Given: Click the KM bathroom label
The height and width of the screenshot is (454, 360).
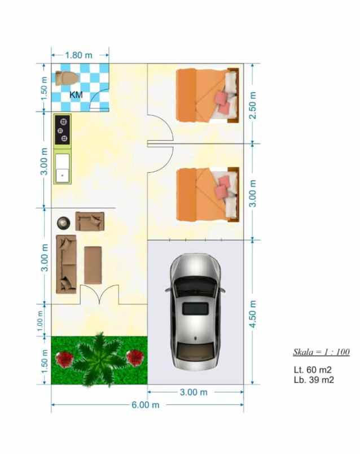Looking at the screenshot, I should tap(76, 95).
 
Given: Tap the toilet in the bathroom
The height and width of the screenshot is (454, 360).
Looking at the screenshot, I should tap(65, 78).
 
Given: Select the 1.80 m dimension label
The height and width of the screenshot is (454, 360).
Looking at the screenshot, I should tap(79, 55).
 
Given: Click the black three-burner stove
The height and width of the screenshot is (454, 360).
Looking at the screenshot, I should tap(63, 129).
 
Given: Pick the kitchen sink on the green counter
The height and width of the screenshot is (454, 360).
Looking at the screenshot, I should tap(62, 168).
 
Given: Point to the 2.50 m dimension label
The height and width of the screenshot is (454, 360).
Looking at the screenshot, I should tap(253, 105).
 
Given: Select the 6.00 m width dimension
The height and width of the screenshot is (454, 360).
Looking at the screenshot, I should tap(146, 405).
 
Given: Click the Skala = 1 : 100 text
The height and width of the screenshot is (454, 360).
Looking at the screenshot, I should tap(321, 352).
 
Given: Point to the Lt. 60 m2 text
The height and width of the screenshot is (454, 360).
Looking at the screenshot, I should tap(312, 370).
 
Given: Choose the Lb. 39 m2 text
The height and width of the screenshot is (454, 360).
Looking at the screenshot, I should tap(314, 380).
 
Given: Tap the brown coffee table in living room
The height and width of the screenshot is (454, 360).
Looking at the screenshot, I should tap(93, 265).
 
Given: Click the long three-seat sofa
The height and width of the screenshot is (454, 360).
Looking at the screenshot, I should tap(66, 264).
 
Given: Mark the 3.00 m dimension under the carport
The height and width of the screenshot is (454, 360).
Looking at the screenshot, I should tap(194, 392).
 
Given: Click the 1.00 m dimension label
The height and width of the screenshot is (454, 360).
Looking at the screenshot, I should tap(40, 321).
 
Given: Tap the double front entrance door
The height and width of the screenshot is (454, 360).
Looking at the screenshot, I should tap(99, 294).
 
